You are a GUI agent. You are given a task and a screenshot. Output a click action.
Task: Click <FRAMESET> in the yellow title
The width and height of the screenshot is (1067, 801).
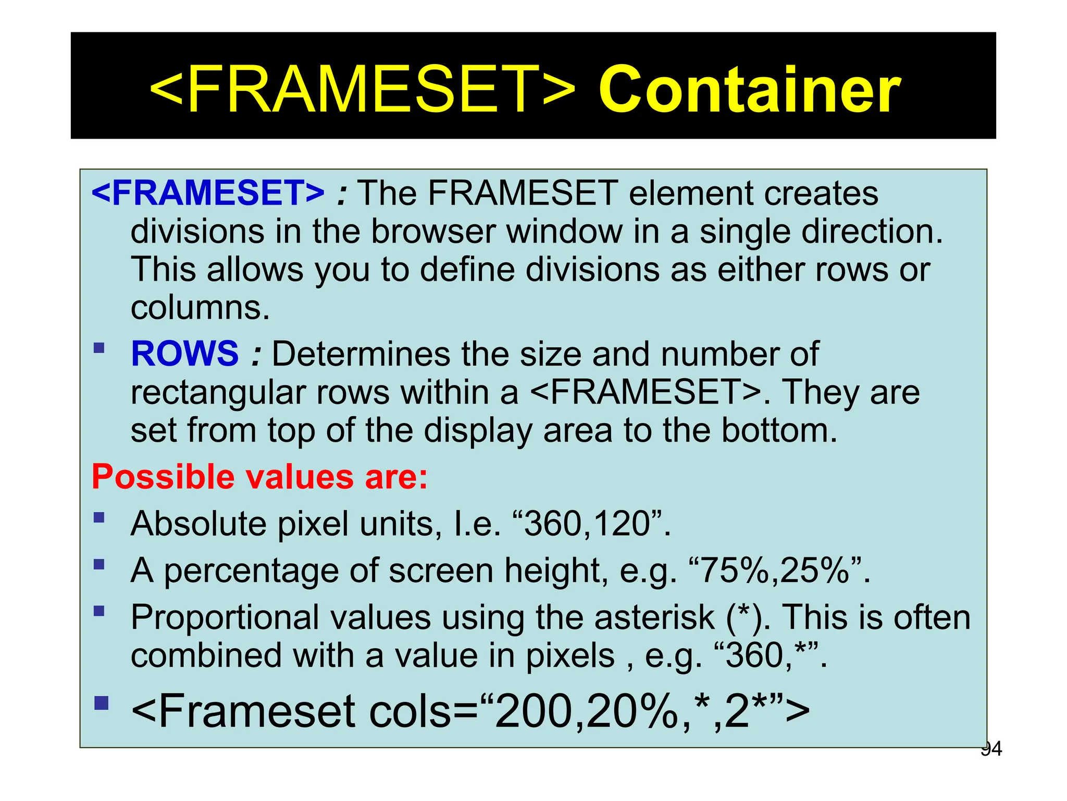tap(362, 90)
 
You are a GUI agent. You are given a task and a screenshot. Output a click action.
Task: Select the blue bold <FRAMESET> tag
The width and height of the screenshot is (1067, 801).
tap(208, 193)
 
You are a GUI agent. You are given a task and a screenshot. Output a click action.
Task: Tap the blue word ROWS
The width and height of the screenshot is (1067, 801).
tap(185, 354)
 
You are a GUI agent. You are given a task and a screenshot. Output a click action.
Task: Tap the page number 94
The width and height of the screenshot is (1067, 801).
tap(991, 749)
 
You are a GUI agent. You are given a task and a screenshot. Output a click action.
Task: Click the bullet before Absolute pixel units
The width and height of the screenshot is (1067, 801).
tap(99, 518)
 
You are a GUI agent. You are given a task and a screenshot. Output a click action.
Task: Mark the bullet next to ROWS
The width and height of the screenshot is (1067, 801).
tap(99, 348)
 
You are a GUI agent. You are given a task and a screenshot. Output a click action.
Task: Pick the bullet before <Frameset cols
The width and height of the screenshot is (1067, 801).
tap(102, 703)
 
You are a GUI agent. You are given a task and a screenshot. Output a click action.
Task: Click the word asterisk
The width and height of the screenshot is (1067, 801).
tap(654, 618)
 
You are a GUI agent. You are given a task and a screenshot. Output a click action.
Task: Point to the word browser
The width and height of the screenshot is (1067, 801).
tap(432, 232)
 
